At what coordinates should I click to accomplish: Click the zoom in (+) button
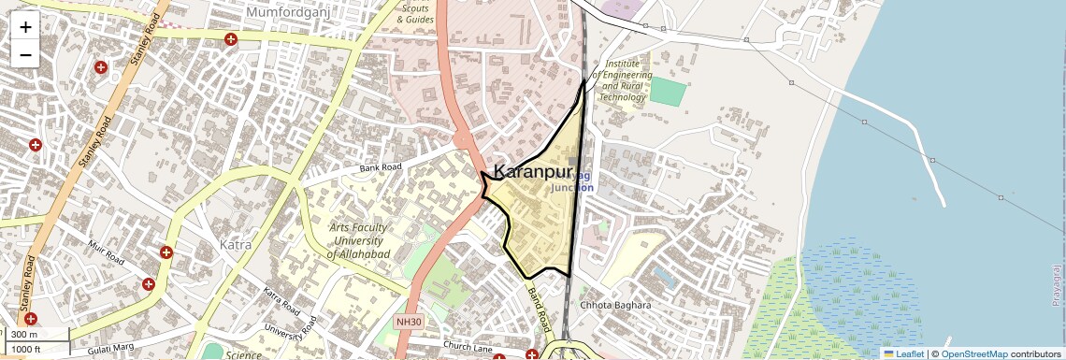pos(25,27)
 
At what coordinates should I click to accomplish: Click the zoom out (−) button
pos(25,55)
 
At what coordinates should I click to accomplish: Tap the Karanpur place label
pos(531,172)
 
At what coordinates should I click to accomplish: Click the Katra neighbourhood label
pos(235,245)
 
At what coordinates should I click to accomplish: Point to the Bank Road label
pos(381,168)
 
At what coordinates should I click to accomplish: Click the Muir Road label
pos(106,253)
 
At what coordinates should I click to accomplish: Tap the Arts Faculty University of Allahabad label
pos(358,241)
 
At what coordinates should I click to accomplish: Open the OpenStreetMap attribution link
pos(973,353)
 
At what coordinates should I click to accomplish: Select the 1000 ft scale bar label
pos(29,349)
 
